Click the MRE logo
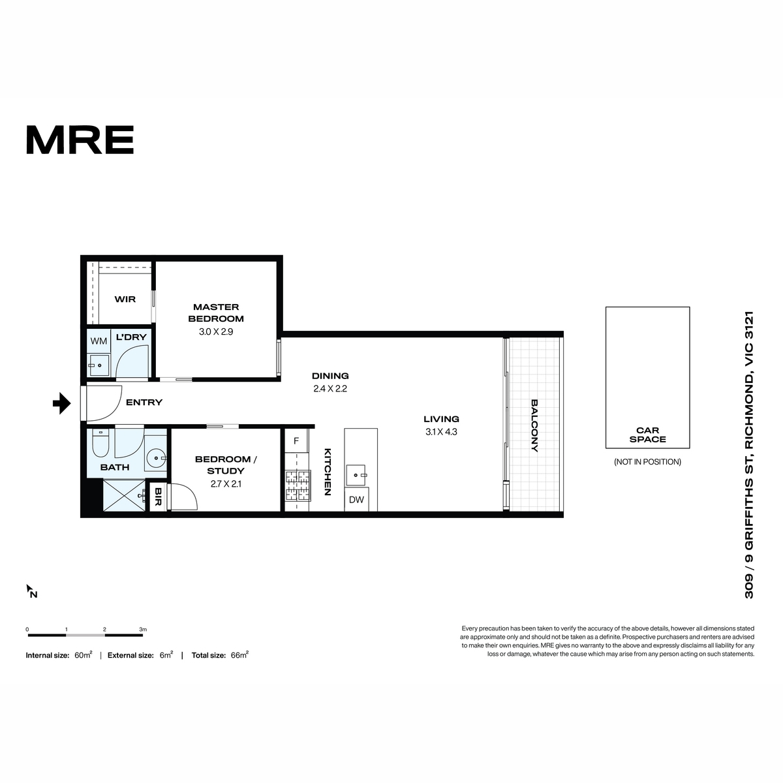point(80,140)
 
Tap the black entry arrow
point(62,403)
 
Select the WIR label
point(125,299)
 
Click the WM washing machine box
point(99,341)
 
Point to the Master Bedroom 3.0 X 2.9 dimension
point(216,332)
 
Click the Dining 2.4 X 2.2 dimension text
point(330,389)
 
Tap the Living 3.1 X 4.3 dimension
point(441,432)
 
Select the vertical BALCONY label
point(534,425)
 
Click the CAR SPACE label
point(648,435)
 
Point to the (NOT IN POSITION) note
point(648,462)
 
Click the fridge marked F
point(296,441)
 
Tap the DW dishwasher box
point(356,500)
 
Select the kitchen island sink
point(357,475)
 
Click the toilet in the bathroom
point(100,444)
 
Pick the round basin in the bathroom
point(155,458)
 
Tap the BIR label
point(158,497)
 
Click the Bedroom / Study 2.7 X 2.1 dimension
point(226,484)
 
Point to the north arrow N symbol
point(32,591)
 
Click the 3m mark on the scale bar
point(143,630)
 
